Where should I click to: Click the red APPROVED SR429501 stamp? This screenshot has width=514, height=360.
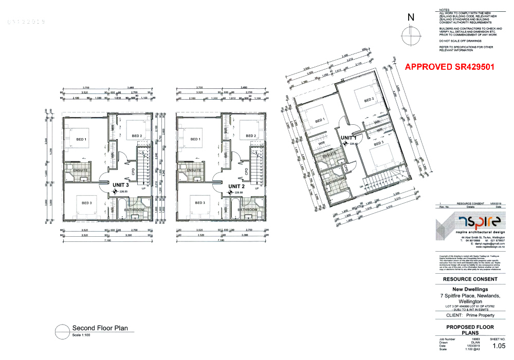[x=450, y=67]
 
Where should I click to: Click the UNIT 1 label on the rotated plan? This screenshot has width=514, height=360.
[x=349, y=138]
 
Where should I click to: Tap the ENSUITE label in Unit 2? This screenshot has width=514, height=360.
[x=194, y=170]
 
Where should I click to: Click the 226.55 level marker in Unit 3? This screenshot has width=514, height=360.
[x=123, y=192]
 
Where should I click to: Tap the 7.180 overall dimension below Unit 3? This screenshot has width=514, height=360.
[x=107, y=240]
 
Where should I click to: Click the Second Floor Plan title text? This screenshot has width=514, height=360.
[x=100, y=328]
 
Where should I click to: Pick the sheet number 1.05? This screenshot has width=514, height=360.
[x=498, y=347]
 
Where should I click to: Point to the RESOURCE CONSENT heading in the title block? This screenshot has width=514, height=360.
[x=470, y=279]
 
